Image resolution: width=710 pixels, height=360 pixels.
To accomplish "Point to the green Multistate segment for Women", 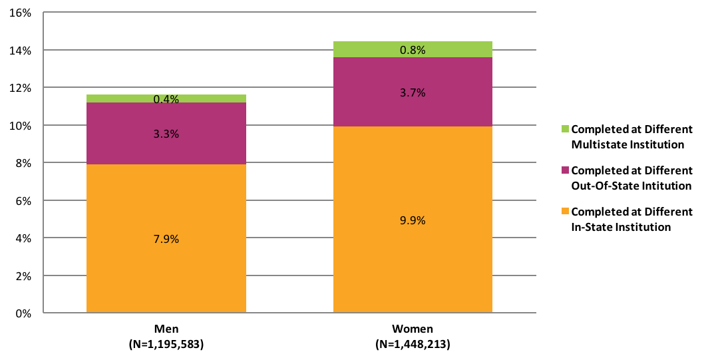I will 373,49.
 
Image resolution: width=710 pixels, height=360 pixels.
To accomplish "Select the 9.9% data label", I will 413,220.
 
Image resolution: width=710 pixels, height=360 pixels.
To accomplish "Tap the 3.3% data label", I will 166,134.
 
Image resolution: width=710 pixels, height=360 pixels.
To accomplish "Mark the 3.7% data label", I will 413,92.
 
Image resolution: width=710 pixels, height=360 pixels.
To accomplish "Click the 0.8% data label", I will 413,49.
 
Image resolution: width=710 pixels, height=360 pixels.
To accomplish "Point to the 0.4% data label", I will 166,99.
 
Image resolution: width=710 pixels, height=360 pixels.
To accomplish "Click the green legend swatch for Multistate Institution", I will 565,129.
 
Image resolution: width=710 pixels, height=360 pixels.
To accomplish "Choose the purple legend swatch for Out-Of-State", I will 565,170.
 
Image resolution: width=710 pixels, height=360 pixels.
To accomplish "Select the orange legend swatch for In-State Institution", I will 565,212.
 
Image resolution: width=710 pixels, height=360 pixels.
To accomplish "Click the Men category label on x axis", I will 166,329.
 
